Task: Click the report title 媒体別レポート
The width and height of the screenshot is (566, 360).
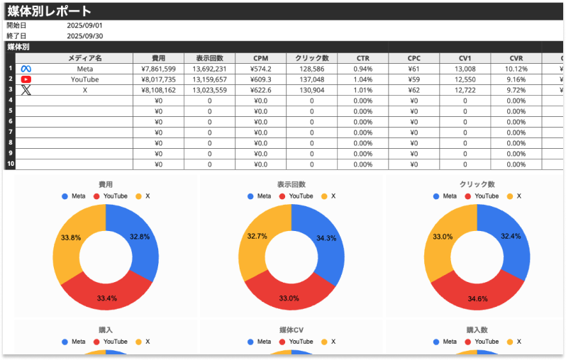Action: [x=50, y=11]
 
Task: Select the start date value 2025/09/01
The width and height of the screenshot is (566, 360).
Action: [x=84, y=26]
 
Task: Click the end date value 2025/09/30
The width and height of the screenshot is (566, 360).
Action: [x=84, y=36]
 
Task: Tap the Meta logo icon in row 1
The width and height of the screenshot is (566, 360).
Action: [x=26, y=69]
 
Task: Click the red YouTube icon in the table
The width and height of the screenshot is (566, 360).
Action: [x=26, y=80]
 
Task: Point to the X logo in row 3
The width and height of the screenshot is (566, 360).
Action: [x=26, y=90]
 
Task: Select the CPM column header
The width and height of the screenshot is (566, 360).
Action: [x=260, y=58]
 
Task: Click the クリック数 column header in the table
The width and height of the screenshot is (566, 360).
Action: [x=311, y=58]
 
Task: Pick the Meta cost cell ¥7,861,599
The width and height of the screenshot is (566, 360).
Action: [x=158, y=69]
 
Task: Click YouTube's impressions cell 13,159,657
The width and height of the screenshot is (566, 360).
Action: [x=209, y=80]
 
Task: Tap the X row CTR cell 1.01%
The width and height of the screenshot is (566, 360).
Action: [x=362, y=91]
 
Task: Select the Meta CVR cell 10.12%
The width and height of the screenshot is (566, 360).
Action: [x=516, y=69]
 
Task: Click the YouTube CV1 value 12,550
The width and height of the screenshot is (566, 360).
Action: [x=465, y=80]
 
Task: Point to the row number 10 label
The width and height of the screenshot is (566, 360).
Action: [x=10, y=164]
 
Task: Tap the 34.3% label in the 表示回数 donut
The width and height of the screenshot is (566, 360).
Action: [x=327, y=238]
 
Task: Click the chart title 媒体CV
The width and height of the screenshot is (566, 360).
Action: [x=292, y=330]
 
